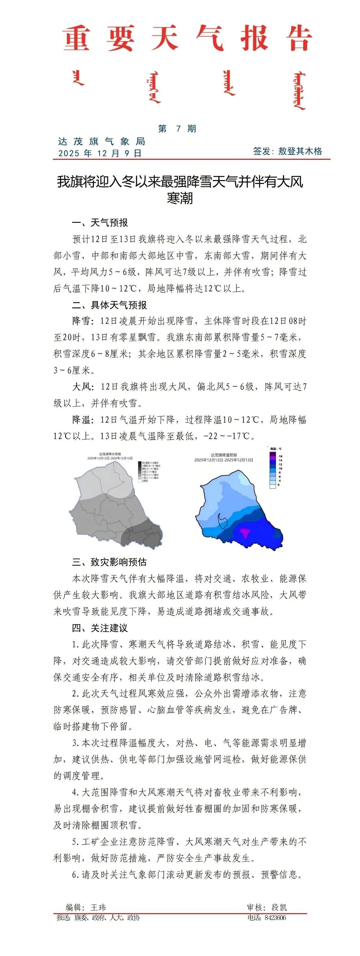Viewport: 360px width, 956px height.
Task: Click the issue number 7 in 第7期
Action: click(179, 129)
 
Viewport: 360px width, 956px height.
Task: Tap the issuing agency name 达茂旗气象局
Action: click(101, 141)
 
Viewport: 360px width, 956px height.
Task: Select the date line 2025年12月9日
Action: click(100, 153)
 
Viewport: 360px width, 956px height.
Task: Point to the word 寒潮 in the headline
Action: click(180, 198)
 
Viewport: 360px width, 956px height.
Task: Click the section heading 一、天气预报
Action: click(100, 223)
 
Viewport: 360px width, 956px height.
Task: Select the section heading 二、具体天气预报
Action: click(109, 305)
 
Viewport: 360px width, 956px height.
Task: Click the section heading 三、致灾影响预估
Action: click(109, 562)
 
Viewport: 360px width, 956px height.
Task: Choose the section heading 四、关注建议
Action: click(100, 628)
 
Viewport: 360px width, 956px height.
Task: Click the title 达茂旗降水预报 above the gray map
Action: click(110, 454)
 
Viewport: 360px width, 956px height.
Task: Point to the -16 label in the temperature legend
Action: click(280, 456)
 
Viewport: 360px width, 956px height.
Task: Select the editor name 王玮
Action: click(98, 907)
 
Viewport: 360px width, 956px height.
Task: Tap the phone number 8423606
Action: click(275, 918)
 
